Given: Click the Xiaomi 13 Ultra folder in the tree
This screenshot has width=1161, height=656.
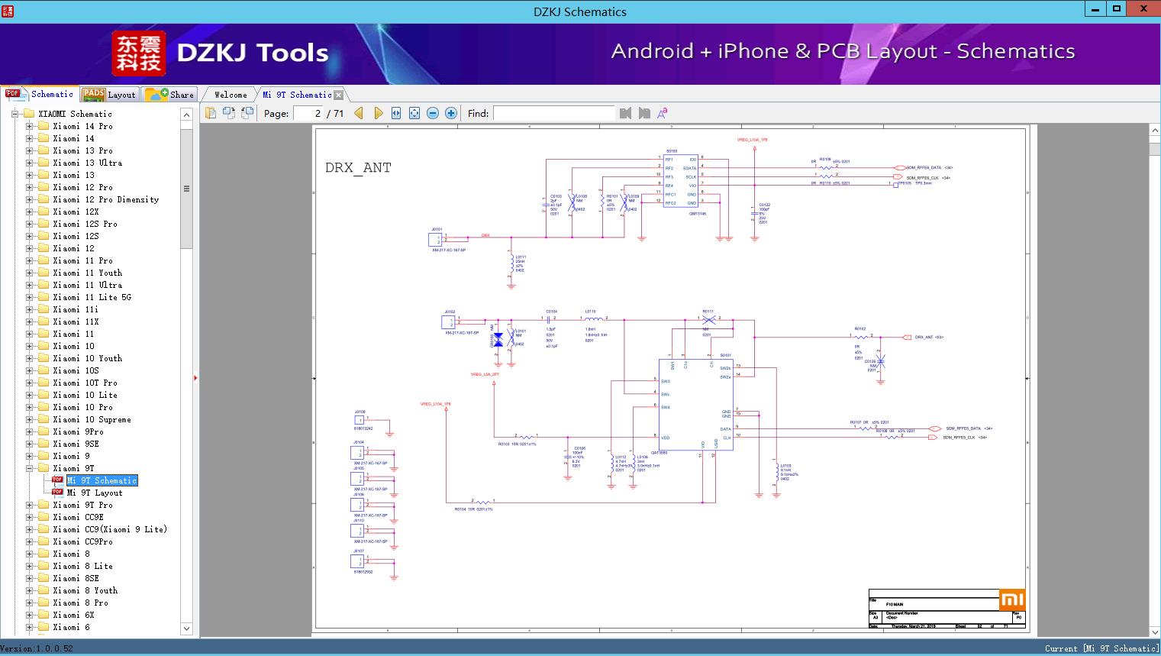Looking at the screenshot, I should [x=87, y=163].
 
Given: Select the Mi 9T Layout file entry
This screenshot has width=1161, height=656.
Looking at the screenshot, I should [x=94, y=493].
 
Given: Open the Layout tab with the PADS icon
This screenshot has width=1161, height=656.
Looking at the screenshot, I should [x=109, y=95].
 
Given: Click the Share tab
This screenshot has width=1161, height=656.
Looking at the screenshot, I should [x=170, y=95].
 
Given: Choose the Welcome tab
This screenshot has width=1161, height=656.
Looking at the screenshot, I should [x=230, y=95].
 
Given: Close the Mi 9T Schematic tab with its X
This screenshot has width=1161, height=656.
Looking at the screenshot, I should [x=338, y=95].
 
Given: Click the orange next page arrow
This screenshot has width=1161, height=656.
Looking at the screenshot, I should [x=378, y=113].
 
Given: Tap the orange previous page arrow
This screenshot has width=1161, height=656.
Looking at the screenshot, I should [x=359, y=113].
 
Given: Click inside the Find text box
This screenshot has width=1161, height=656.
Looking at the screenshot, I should [x=553, y=113].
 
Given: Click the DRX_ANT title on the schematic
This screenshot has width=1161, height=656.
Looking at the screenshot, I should [x=358, y=168].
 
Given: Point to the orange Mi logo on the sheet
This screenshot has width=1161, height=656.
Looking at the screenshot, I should [x=1011, y=599].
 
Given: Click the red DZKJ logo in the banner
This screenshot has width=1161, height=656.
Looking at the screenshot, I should [x=139, y=53].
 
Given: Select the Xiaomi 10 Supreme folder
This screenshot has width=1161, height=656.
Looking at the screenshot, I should [x=92, y=419].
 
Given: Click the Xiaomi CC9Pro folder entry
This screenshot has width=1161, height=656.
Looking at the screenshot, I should [x=82, y=541].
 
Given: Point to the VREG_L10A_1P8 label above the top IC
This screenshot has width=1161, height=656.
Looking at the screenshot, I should [x=752, y=140].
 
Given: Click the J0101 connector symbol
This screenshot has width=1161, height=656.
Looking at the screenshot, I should [x=436, y=239].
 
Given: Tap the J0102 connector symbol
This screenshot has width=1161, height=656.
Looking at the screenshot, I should [x=449, y=322].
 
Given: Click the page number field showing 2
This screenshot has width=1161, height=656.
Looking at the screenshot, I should [x=308, y=113].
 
